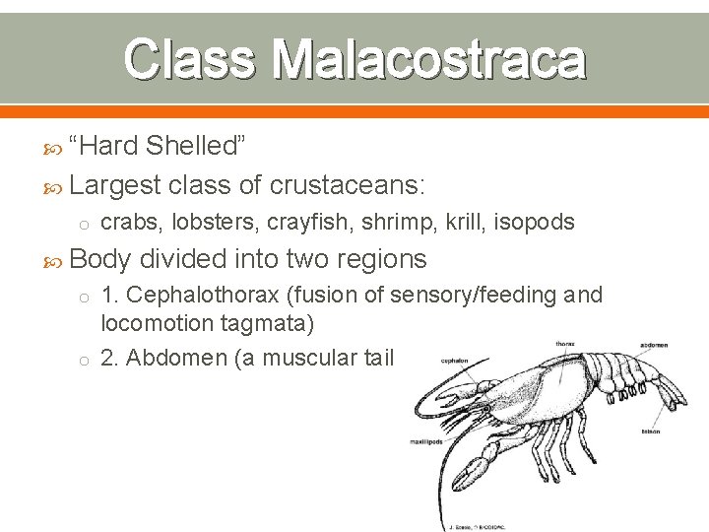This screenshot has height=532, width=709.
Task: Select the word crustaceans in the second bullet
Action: (x=346, y=184)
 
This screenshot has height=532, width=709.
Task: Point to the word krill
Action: (x=463, y=223)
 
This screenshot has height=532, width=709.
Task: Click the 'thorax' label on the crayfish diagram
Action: (x=565, y=344)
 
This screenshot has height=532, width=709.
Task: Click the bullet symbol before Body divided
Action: (x=58, y=260)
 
